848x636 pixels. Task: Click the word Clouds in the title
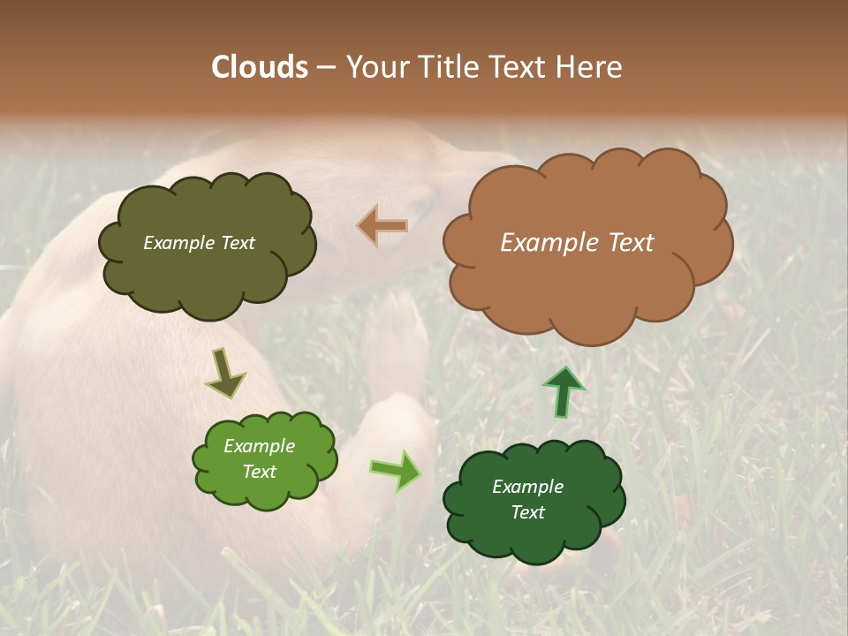pyautogui.click(x=261, y=67)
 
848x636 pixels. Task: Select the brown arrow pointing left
pyautogui.click(x=382, y=225)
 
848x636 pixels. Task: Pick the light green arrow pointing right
pyautogui.click(x=396, y=470)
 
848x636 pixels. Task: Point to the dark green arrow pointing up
pyautogui.click(x=563, y=390)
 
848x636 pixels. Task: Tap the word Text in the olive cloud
pyautogui.click(x=237, y=243)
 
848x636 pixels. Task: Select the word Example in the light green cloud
pyautogui.click(x=259, y=446)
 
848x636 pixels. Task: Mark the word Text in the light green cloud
pyautogui.click(x=259, y=472)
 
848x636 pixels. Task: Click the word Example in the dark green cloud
pyautogui.click(x=527, y=487)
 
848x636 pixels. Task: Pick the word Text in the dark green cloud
pyautogui.click(x=527, y=512)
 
